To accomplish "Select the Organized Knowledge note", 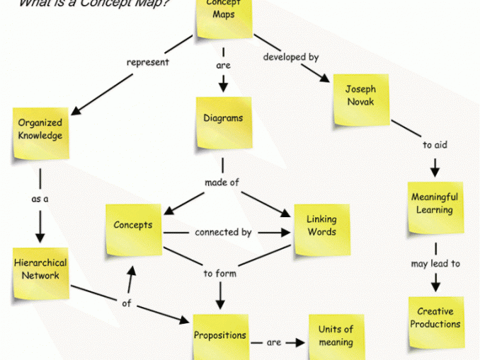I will pyautogui.click(x=40, y=132).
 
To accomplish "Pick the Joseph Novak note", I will pyautogui.click(x=361, y=98).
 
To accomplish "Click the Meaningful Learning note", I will pyautogui.click(x=435, y=207).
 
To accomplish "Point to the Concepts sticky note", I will pyautogui.click(x=133, y=228).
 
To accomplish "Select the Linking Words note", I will pyautogui.click(x=321, y=228).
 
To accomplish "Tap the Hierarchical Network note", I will pyautogui.click(x=40, y=271).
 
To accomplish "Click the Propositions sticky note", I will pyautogui.click(x=221, y=337).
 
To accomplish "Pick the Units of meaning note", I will pyautogui.click(x=336, y=336).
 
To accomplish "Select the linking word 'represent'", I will pyautogui.click(x=148, y=62).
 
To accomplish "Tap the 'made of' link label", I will pyautogui.click(x=222, y=182).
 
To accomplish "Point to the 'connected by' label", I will pyautogui.click(x=223, y=231).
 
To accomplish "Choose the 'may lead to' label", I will pyautogui.click(x=435, y=264).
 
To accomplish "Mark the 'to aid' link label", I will pyautogui.click(x=435, y=145).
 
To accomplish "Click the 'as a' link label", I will pyautogui.click(x=40, y=199).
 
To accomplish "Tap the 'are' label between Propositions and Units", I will pyautogui.click(x=274, y=343).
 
